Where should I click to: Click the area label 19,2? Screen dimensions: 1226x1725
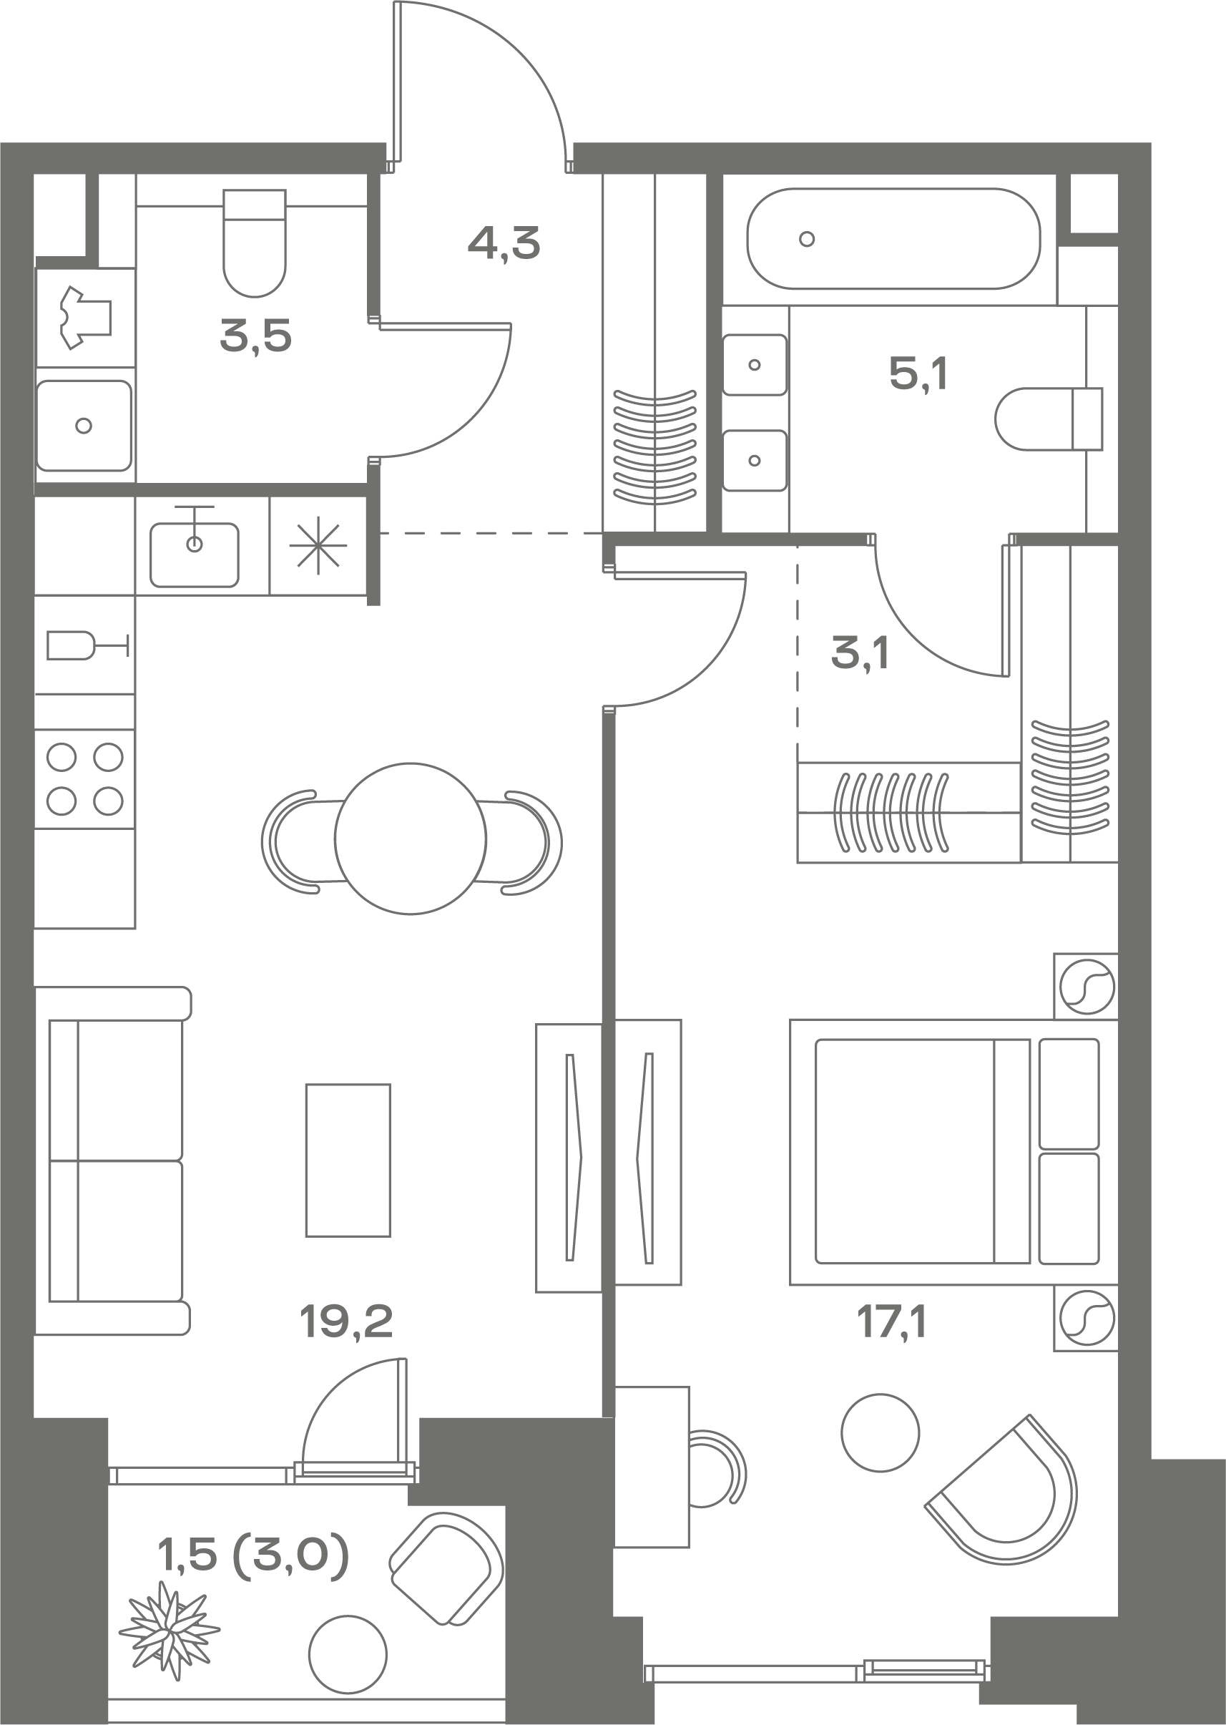click(346, 1322)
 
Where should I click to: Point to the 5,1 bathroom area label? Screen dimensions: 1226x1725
click(918, 373)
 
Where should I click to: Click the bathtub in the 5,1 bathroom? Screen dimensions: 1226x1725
click(894, 238)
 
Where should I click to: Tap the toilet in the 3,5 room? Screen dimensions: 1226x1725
click(255, 243)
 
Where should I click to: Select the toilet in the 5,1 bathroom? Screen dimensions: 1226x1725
click(1049, 419)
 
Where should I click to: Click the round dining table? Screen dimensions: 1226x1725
click(411, 839)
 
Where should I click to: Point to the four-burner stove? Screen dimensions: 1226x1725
click(84, 778)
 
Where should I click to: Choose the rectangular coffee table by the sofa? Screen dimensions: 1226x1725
click(348, 1160)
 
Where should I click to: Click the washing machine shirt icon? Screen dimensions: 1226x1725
click(86, 317)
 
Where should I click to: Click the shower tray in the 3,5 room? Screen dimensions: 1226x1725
click(84, 426)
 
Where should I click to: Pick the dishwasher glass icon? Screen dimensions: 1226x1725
click(87, 645)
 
